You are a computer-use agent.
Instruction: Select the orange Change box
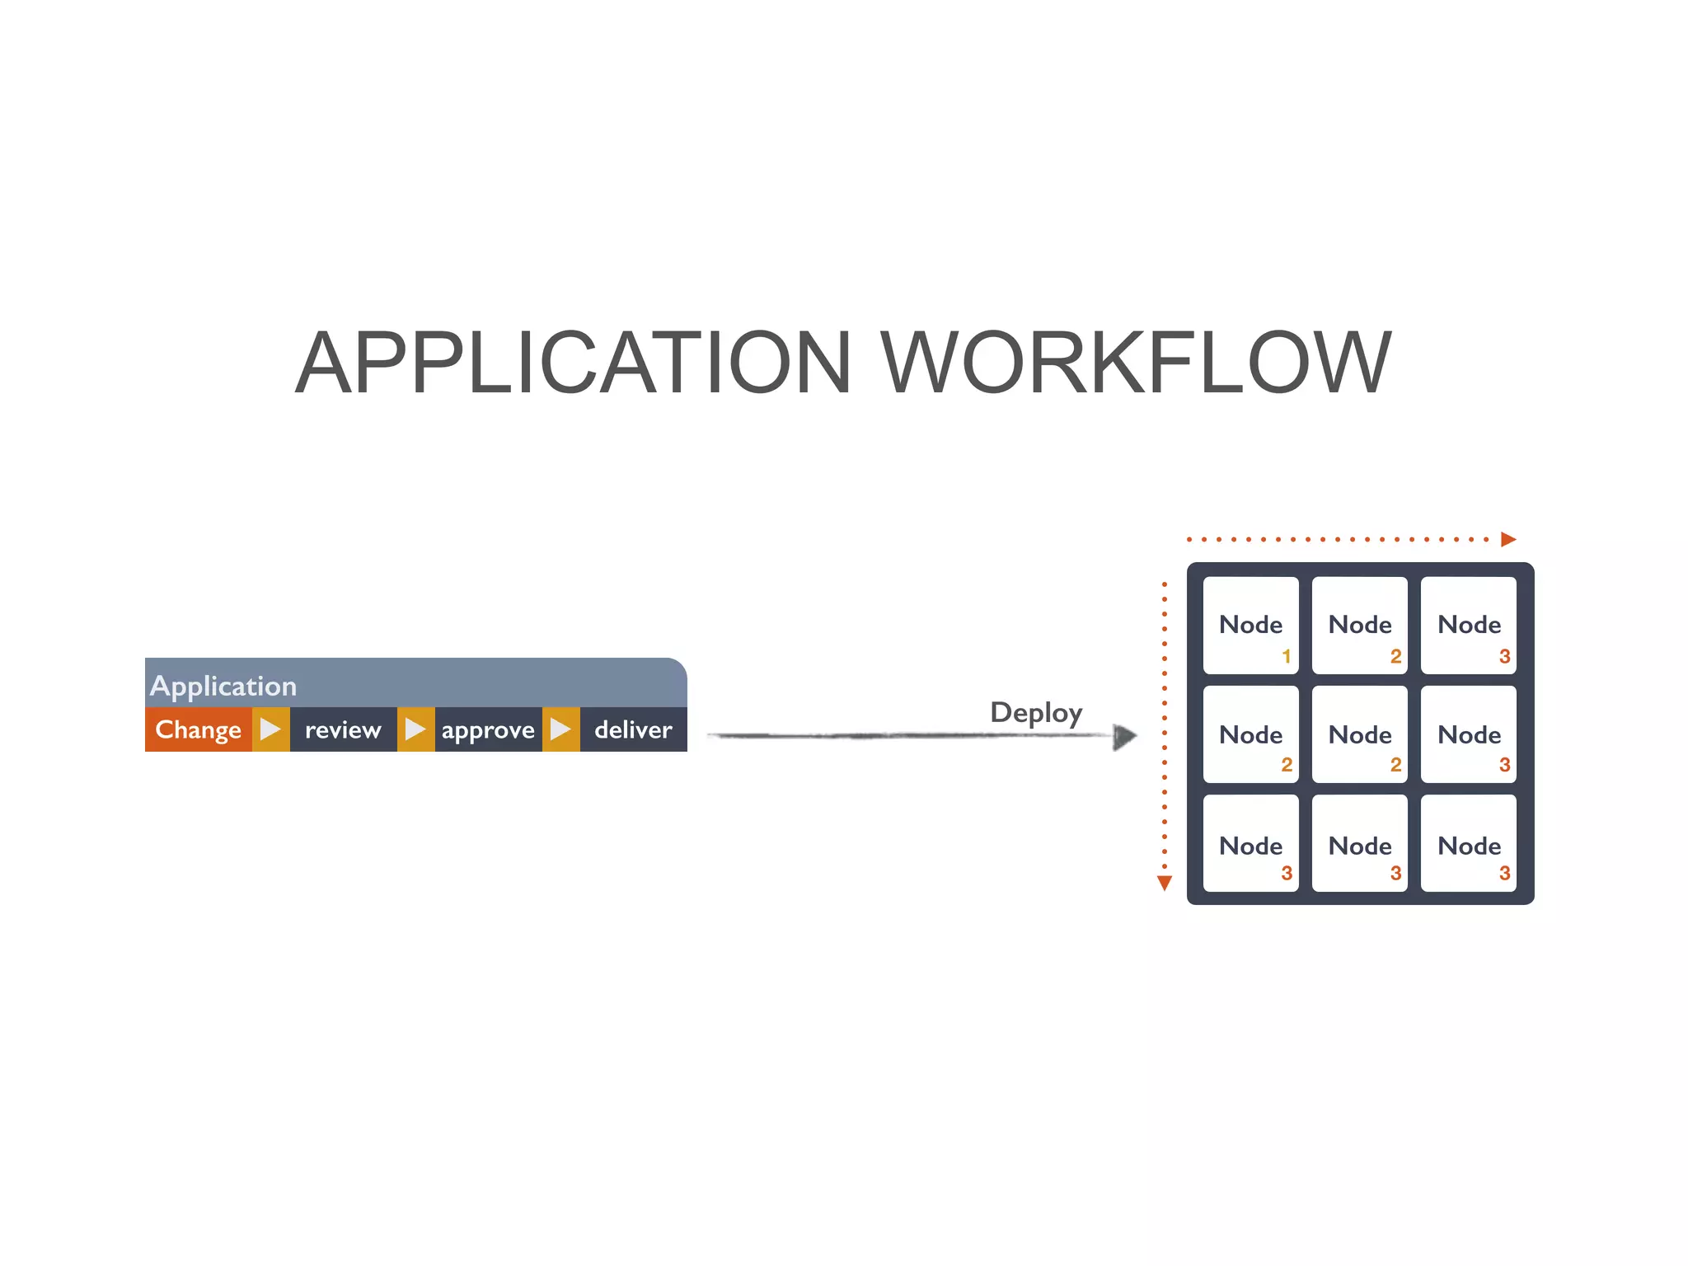[x=198, y=729]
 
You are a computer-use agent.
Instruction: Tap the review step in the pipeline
[x=343, y=729]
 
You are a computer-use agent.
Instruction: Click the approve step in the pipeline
[x=488, y=729]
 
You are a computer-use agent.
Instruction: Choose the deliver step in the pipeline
[x=633, y=729]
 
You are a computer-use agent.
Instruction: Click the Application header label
[x=223, y=686]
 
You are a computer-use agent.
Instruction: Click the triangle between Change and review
[x=270, y=729]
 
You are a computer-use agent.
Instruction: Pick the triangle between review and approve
[x=415, y=729]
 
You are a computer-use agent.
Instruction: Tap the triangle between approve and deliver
[x=560, y=729]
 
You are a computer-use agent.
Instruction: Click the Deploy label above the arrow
[x=1036, y=712]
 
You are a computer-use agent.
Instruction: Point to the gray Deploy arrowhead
[x=1124, y=736]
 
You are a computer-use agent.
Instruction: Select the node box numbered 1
[x=1250, y=626]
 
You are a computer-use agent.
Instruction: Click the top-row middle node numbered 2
[x=1360, y=626]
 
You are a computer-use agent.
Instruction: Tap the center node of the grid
[x=1360, y=734]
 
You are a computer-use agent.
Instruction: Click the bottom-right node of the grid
[x=1469, y=843]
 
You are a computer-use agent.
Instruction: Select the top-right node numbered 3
[x=1469, y=626]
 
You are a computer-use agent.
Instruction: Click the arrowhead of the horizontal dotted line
[x=1508, y=539]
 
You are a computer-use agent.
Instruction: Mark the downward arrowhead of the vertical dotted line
[x=1164, y=884]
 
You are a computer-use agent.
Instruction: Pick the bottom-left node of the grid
[x=1250, y=843]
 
